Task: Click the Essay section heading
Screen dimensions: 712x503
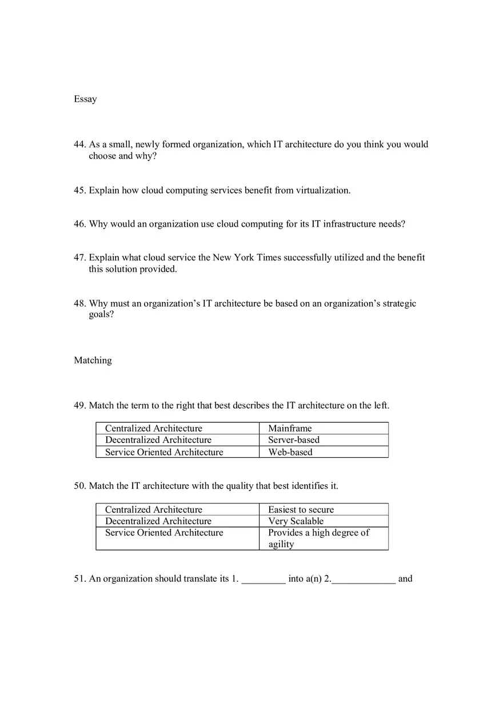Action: click(x=85, y=99)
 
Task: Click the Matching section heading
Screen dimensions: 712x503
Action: click(x=93, y=360)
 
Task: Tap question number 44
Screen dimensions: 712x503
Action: click(x=79, y=144)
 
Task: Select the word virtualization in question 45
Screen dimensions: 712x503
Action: click(x=322, y=190)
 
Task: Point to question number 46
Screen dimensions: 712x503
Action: click(x=79, y=224)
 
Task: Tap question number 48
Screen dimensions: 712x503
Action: click(x=79, y=303)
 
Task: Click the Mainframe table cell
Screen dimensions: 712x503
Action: click(x=290, y=428)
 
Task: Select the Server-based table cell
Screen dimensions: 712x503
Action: click(x=294, y=440)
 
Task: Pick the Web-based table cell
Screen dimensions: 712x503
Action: click(x=290, y=452)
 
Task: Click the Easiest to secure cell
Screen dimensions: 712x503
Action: click(x=301, y=509)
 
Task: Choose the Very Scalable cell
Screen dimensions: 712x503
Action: click(x=296, y=521)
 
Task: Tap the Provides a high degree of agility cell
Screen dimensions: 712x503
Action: click(x=318, y=538)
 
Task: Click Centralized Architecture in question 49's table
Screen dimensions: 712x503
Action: click(x=153, y=428)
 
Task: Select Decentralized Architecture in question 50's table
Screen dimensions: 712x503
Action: click(x=158, y=521)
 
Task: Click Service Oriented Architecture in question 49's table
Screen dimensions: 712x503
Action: click(x=164, y=452)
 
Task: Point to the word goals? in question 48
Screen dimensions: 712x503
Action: click(x=101, y=315)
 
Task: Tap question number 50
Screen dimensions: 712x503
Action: click(x=79, y=486)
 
